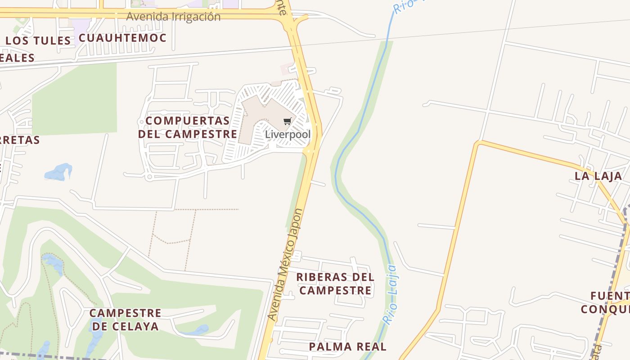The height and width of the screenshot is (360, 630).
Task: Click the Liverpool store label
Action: [288, 134]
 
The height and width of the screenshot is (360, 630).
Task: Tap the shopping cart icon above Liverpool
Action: [287, 121]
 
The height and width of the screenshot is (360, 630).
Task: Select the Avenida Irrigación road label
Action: [173, 17]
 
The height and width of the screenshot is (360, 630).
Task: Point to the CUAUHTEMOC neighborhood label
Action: [122, 38]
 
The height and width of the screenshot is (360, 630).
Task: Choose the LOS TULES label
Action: [38, 40]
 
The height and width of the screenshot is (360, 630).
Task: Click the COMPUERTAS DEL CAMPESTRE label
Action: [188, 127]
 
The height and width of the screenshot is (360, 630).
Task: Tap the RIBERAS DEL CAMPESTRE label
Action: [335, 283]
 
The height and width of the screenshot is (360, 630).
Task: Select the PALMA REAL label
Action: [347, 346]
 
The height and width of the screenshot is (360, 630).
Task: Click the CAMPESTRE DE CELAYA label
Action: [125, 319]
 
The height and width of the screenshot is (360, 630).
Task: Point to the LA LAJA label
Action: [598, 176]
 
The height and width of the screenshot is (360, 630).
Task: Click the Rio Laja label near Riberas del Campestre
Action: [390, 295]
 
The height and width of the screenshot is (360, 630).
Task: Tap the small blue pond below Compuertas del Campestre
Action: [59, 172]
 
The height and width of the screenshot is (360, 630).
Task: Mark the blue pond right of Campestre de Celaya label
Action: [198, 330]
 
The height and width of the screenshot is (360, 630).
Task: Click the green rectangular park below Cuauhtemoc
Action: [74, 99]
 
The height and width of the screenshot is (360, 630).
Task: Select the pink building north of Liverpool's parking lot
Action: [286, 69]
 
